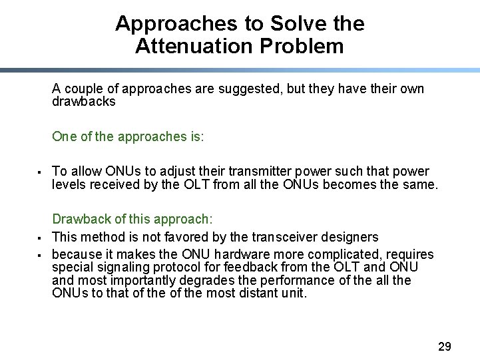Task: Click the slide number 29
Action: tap(444, 346)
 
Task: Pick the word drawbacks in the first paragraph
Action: tap(83, 102)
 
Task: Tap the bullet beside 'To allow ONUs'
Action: tap(40, 172)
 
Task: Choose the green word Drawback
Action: tap(80, 220)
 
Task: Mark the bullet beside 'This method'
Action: tap(40, 238)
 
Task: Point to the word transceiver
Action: tap(283, 237)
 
